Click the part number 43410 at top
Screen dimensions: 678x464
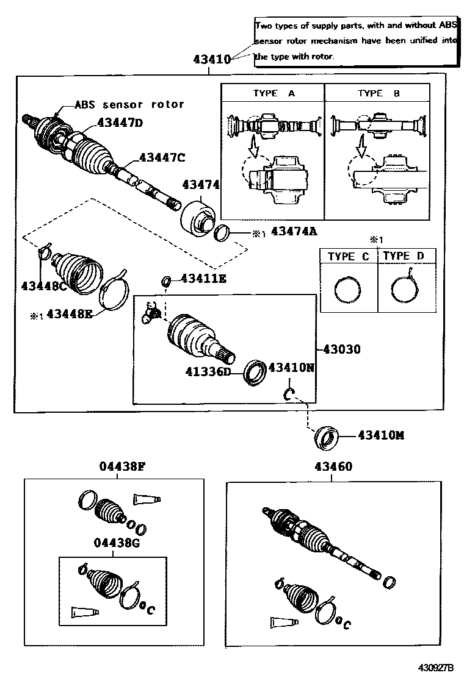(x=211, y=60)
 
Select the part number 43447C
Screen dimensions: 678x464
(x=162, y=157)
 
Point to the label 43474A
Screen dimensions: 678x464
(x=295, y=231)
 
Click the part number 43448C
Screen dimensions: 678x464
(x=45, y=285)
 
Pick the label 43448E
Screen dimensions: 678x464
(x=70, y=314)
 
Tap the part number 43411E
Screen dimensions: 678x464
(x=203, y=279)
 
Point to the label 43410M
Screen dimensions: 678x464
(x=380, y=435)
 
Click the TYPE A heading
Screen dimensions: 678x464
(x=274, y=93)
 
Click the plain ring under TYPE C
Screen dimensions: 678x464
(x=348, y=289)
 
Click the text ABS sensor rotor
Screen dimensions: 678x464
(x=129, y=104)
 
